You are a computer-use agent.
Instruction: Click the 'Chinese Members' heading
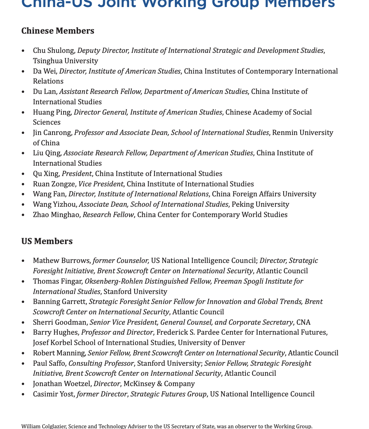58,31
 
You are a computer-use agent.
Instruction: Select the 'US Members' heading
47,241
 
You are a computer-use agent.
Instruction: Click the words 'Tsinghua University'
65,61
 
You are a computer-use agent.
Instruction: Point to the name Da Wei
44,71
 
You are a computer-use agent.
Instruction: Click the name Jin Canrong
52,132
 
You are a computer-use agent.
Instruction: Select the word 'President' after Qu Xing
77,173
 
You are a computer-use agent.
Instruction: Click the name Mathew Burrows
61,261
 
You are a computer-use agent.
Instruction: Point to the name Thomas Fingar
57,281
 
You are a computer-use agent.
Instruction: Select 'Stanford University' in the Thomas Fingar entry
135,291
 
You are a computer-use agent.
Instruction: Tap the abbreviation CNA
303,322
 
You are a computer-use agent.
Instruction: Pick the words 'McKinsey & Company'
159,384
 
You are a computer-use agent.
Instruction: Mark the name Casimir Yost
54,394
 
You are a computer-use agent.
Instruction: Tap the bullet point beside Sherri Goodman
24,322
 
